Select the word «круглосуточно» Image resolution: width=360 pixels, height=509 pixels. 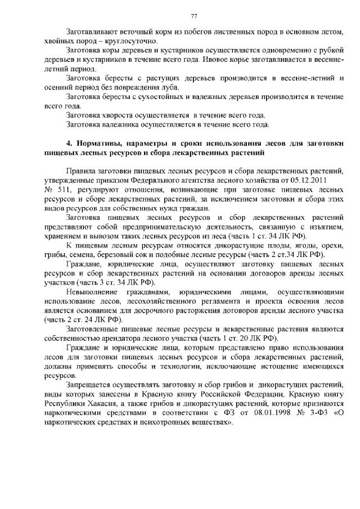[136, 42]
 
